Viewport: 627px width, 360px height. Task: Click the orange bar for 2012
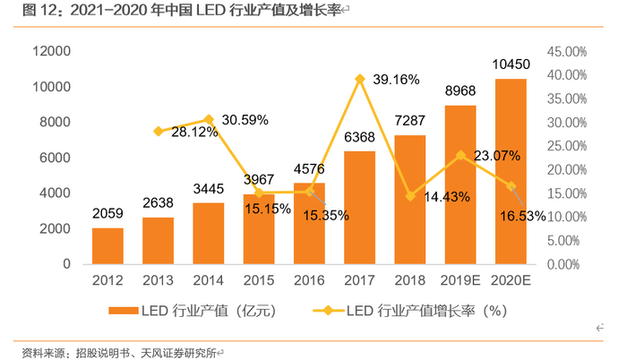pos(107,246)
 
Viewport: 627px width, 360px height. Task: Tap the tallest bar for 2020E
pos(511,171)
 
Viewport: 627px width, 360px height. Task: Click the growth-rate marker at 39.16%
pos(360,79)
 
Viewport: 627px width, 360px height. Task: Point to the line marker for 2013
pos(159,131)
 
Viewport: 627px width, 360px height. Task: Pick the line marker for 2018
pos(410,195)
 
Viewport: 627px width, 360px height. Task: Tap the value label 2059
pos(107,213)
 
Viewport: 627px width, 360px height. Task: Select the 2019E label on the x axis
pos(460,281)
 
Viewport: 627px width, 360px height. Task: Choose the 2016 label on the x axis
pos(309,281)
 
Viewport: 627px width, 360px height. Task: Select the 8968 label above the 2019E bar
pos(461,90)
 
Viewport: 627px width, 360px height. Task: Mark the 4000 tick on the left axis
pos(56,193)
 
